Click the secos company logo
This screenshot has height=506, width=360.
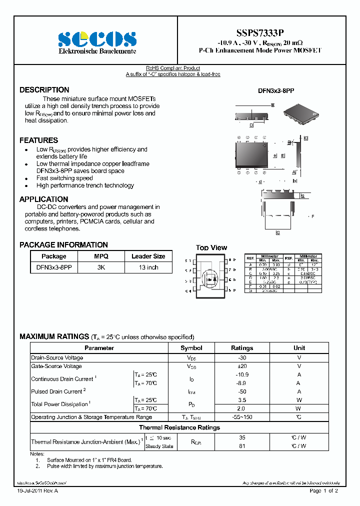tap(97, 39)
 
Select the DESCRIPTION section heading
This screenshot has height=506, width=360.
tap(44, 90)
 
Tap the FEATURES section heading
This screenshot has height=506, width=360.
tap(39, 140)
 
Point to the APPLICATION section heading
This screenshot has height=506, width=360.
tap(44, 199)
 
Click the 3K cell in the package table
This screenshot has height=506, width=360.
tap(101, 267)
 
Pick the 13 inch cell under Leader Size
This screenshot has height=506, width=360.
tap(148, 267)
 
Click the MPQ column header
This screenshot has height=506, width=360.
tap(101, 256)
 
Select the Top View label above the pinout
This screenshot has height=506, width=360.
tap(211, 247)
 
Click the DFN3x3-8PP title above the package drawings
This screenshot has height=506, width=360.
tap(276, 91)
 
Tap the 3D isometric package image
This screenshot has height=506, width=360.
tap(300, 113)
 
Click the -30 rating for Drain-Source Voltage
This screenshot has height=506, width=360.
tap(242, 358)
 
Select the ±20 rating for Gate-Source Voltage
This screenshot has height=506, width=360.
tap(242, 366)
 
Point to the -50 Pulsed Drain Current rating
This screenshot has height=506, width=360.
tap(242, 391)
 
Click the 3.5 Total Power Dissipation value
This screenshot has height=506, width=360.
tap(242, 400)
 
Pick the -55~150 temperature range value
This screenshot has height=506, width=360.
tap(242, 417)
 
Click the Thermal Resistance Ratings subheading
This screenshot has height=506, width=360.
tap(179, 427)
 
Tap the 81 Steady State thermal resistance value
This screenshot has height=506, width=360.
tap(242, 446)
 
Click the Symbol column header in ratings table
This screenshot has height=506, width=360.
tap(191, 348)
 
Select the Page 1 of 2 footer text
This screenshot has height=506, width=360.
tap(323, 491)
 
